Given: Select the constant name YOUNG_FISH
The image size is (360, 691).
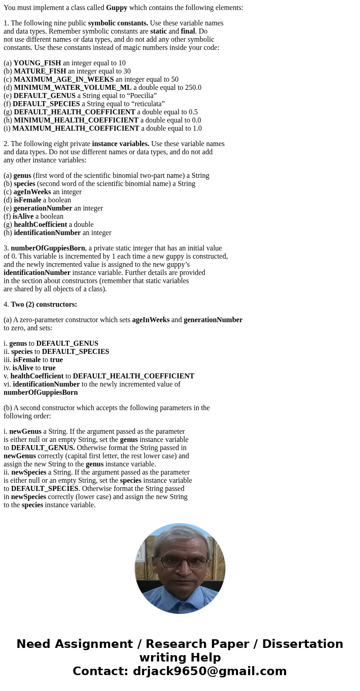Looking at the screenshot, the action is pyautogui.click(x=37, y=63).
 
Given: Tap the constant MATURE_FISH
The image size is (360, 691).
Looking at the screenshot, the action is pyautogui.click(x=40, y=71).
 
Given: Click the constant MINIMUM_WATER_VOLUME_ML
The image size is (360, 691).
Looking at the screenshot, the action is pyautogui.click(x=73, y=88).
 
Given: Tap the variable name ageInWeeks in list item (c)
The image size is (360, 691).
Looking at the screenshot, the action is pyautogui.click(x=32, y=192).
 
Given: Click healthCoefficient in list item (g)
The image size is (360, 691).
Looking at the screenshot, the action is pyautogui.click(x=40, y=225).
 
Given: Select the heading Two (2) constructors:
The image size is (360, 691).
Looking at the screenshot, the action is pyautogui.click(x=44, y=304).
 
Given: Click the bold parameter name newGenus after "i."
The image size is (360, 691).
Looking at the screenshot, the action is pyautogui.click(x=25, y=431).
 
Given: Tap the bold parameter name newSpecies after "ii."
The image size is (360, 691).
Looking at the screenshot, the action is pyautogui.click(x=29, y=472).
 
